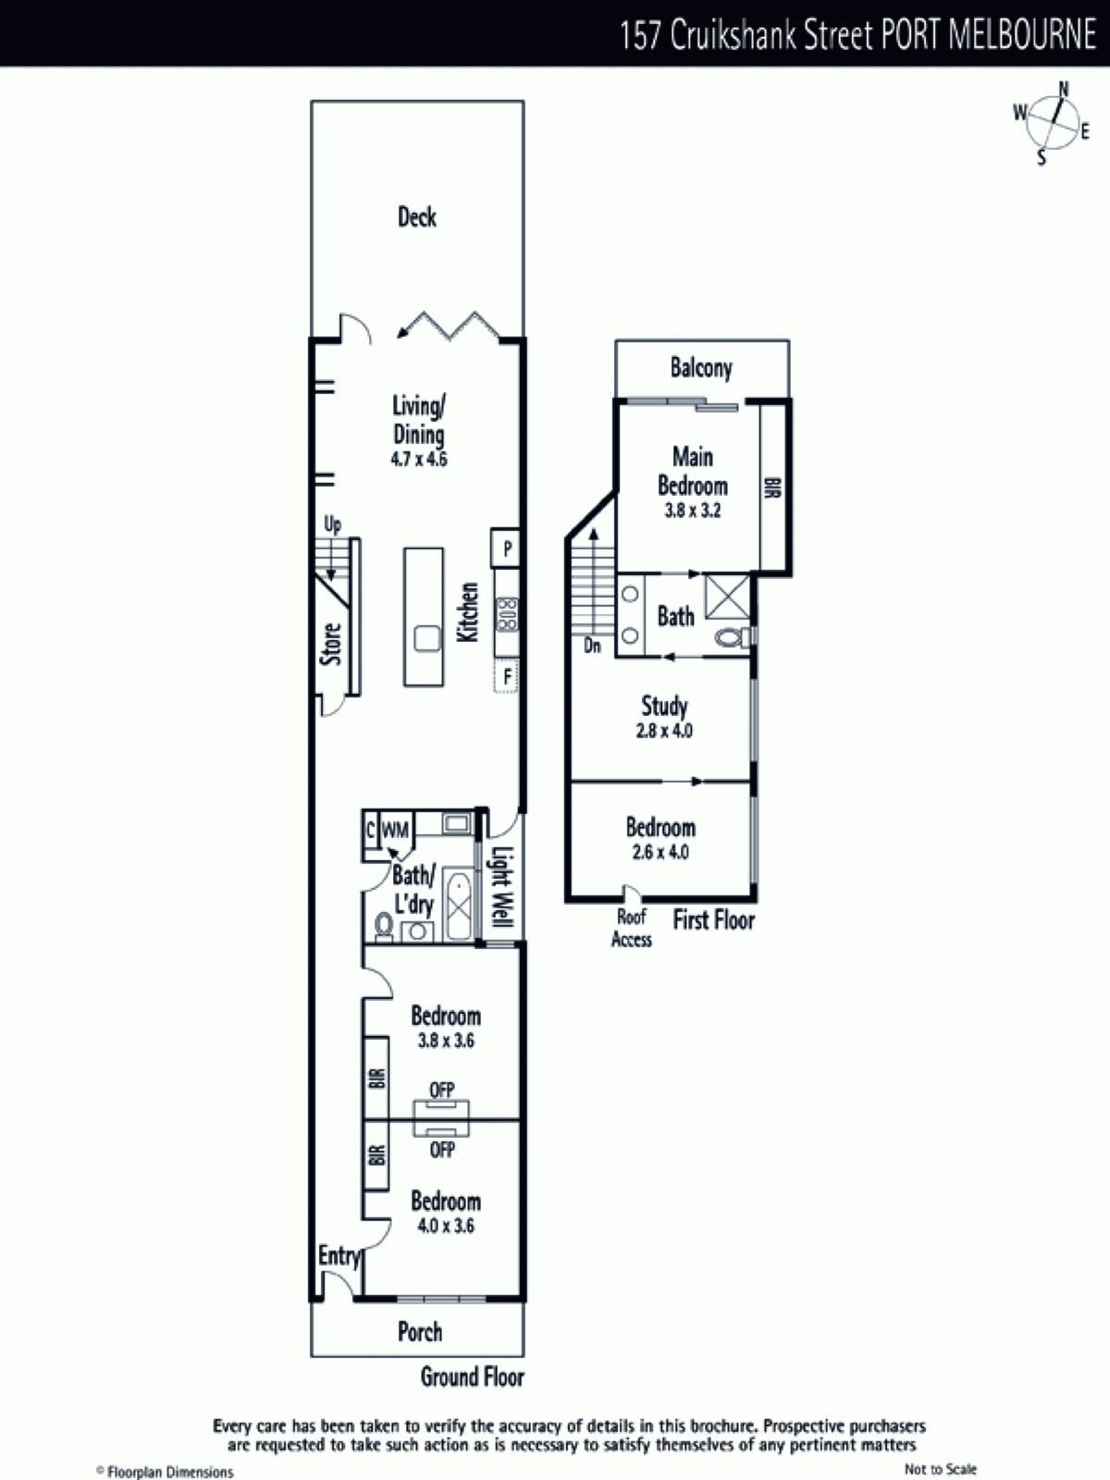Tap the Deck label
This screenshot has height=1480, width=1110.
pos(417,217)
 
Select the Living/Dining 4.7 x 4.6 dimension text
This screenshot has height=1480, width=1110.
pos(418,459)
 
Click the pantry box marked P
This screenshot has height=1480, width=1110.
pos(505,549)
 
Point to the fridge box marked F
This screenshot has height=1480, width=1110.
pos(506,675)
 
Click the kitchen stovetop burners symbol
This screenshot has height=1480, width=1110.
pos(507,613)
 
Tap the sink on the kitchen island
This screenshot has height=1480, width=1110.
pos(426,638)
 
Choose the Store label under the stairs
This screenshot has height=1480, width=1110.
pos(331,644)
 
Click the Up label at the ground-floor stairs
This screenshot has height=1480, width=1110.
pos(332,524)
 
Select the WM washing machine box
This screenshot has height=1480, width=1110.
pos(395,830)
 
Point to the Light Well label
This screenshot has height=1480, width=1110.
pos(502,887)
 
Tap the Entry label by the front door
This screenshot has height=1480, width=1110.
pos(339,1255)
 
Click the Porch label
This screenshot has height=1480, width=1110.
pos(420,1332)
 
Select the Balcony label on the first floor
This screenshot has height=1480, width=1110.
pos(701,368)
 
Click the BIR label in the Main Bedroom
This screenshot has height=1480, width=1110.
pos(772,487)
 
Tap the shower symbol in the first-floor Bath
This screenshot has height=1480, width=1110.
pos(727,596)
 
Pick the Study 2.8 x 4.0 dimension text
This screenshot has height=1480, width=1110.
pos(664,731)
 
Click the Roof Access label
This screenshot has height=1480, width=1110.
pos(632,928)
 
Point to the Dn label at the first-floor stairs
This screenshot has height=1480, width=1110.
pos(592,646)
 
